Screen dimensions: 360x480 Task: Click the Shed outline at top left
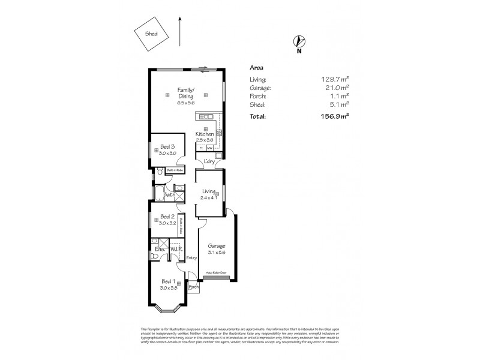click(151, 34)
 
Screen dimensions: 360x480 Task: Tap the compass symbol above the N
click(298, 41)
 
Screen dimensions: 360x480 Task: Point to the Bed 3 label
click(167, 147)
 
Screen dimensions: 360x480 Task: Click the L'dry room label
click(209, 162)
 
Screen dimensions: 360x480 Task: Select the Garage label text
click(217, 246)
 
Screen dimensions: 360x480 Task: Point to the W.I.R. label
click(176, 248)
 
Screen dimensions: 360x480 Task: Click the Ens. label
click(160, 248)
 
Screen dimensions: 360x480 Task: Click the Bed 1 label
click(168, 281)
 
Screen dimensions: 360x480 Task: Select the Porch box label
click(193, 287)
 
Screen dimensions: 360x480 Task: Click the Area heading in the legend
click(256, 68)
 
